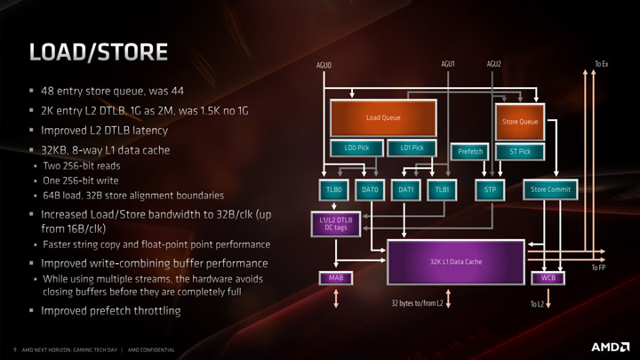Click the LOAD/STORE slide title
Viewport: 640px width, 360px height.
tap(98, 52)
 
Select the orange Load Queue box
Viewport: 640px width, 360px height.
tap(383, 118)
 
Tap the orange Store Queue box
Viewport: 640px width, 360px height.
tap(520, 122)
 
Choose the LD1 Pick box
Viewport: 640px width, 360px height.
tap(412, 148)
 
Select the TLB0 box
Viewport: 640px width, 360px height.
tap(334, 189)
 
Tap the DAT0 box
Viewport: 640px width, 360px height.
tap(369, 189)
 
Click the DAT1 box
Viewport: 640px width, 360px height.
tap(405, 189)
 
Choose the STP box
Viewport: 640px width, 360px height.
tap(488, 189)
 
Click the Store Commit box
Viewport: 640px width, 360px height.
tap(550, 189)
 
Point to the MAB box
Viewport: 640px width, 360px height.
tap(335, 278)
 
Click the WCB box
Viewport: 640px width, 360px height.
tap(548, 278)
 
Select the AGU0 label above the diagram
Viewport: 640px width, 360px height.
tap(324, 66)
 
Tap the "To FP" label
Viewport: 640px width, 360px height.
tap(599, 268)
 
